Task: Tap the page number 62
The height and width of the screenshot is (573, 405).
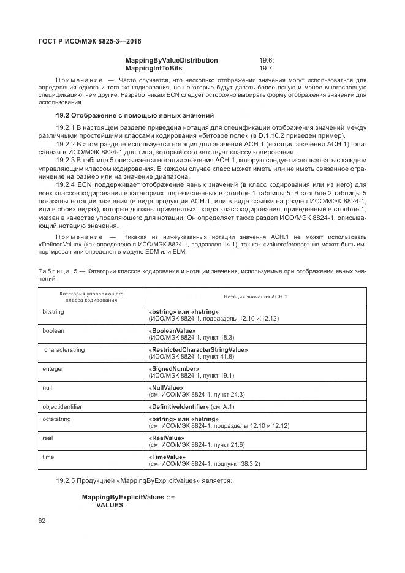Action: tap(42, 520)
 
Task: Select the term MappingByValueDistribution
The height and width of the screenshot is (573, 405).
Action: tap(172, 60)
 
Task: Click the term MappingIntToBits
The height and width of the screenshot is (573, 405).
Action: tap(153, 68)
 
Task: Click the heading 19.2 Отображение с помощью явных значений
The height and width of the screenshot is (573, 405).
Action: tap(135, 115)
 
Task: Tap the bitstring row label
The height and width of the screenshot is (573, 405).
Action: tap(53, 312)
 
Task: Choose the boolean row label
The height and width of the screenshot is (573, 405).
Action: tap(53, 330)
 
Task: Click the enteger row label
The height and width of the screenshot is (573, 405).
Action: tap(53, 368)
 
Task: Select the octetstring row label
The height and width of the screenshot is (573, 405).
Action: tap(57, 419)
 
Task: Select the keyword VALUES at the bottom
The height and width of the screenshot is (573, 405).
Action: tap(110, 505)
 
